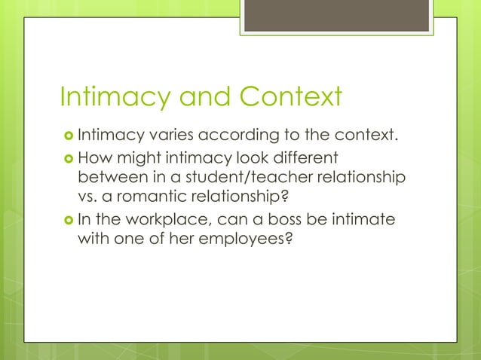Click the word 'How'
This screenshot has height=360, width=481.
[x=93, y=158]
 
